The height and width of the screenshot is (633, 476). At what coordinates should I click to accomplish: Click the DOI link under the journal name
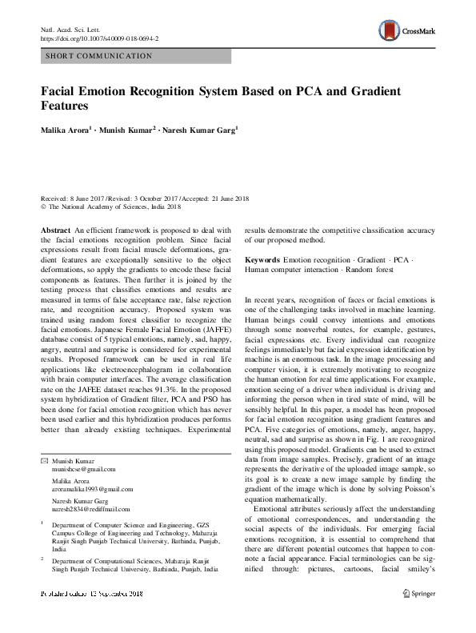pyautogui.click(x=99, y=38)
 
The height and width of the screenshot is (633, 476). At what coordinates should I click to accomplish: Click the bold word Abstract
pyautogui.click(x=55, y=230)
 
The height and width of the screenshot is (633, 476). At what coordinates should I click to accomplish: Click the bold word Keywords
pyautogui.click(x=262, y=261)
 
